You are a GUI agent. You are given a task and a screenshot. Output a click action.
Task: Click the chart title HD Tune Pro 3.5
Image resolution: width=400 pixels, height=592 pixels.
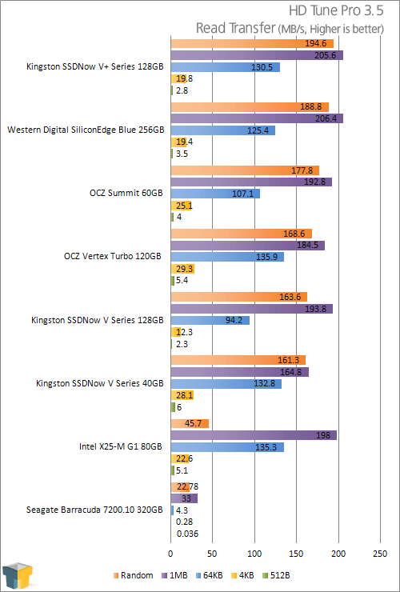(336, 10)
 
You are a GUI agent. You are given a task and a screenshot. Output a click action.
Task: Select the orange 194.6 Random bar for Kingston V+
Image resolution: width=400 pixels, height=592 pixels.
(252, 43)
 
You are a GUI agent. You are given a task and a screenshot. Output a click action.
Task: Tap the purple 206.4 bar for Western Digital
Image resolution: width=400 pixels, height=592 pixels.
(257, 118)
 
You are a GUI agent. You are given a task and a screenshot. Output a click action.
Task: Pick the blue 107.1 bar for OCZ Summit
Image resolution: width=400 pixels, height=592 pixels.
(215, 194)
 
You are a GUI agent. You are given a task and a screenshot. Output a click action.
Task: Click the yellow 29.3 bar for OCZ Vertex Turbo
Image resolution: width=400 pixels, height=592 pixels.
(182, 269)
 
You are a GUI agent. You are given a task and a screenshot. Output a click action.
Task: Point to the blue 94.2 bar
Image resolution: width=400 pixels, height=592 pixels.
(210, 321)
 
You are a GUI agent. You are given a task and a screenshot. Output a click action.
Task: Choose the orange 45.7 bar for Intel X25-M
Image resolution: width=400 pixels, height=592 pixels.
(190, 423)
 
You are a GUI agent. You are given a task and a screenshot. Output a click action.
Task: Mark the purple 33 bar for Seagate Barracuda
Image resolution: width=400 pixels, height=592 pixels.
(184, 498)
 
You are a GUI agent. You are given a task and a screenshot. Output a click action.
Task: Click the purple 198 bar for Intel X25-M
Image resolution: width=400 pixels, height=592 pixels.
(254, 435)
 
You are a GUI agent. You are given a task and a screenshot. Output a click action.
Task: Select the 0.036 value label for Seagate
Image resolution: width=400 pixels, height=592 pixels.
(187, 534)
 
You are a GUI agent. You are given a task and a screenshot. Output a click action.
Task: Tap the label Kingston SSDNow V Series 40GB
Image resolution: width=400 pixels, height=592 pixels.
(100, 383)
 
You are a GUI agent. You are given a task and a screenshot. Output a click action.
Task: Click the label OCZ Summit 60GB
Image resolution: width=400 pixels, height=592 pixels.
(126, 193)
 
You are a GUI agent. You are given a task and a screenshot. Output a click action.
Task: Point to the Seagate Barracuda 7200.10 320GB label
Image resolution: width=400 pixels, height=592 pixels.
(94, 510)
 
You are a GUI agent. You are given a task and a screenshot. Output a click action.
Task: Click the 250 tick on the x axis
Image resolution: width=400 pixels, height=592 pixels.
(380, 554)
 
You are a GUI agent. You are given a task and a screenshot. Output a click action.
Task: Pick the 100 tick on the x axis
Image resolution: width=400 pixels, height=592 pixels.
(254, 554)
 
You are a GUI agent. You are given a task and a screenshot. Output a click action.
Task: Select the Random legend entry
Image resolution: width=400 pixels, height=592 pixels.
(134, 575)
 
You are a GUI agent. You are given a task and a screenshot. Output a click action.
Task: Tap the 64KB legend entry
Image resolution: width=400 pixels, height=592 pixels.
(210, 575)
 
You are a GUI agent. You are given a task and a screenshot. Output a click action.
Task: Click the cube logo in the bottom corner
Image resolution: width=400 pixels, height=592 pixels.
(17, 577)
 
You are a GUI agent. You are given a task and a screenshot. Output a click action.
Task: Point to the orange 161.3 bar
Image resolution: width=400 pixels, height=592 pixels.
(238, 360)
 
